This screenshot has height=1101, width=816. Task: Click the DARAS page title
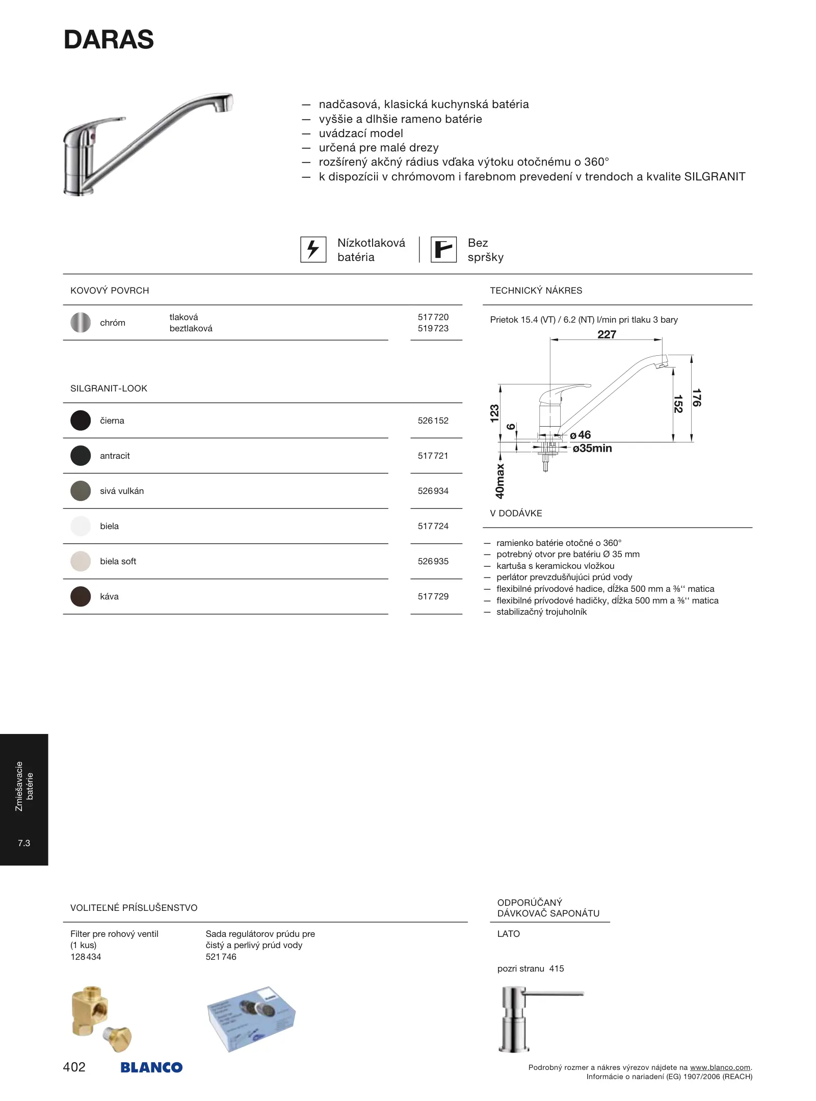pos(109,40)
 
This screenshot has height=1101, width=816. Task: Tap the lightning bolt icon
pos(313,250)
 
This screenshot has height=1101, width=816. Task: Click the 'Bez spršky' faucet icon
pos(443,250)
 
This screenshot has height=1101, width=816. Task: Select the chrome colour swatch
pos(81,323)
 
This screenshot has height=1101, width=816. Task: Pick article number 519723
pos(433,329)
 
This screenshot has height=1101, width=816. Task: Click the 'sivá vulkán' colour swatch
pos(81,491)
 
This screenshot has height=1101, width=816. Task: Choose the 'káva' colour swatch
pos(81,596)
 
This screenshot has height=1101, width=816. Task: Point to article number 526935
pos(433,561)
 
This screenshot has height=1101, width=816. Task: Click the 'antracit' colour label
pos(115,456)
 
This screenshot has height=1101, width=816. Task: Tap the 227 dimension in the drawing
pos(607,335)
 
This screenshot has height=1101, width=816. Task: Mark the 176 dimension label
pos(696,398)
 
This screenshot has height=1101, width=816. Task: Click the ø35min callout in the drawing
pos(592,449)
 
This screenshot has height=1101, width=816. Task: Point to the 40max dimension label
pos(500,481)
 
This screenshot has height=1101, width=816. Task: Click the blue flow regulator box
pos(251,1018)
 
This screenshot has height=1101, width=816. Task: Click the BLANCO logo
pos(151,1067)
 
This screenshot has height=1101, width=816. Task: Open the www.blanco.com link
pos(720,1067)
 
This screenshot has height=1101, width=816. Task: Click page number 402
pos(74,1067)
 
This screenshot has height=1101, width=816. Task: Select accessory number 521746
pos(221,957)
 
